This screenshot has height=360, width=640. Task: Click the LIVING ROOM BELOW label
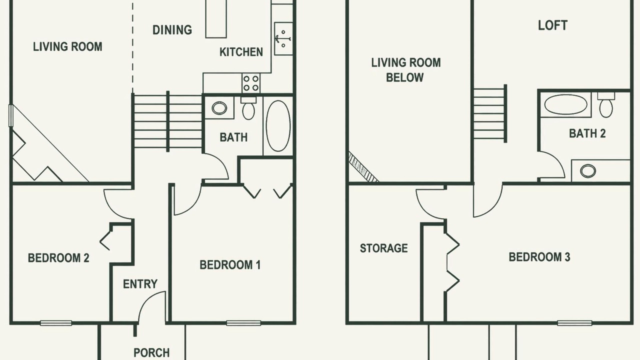coord(405,70)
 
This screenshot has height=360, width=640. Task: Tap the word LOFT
coord(552,25)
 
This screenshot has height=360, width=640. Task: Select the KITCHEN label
coord(241,52)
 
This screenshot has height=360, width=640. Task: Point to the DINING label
coord(172,30)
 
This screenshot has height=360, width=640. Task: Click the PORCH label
coord(151,352)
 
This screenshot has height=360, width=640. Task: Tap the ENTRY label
coord(140,284)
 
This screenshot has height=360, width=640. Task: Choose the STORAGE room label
coord(383,248)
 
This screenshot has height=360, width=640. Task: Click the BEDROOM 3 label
coord(539,257)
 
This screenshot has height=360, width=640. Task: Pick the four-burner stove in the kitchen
coord(251,83)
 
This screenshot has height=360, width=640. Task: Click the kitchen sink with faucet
coord(283,38)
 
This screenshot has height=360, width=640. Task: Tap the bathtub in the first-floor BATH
coord(278,126)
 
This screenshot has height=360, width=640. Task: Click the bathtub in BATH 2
coord(565,104)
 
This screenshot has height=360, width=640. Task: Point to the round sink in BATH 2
coord(588,171)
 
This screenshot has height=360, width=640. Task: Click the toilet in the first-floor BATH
coord(248,108)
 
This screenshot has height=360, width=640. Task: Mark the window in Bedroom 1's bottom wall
coord(243,323)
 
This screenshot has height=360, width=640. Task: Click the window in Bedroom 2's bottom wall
coord(56,323)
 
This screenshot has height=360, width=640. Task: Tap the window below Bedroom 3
coord(574,323)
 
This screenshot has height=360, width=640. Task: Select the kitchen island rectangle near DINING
coord(216,18)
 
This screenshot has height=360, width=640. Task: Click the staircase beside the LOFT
coord(489,113)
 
